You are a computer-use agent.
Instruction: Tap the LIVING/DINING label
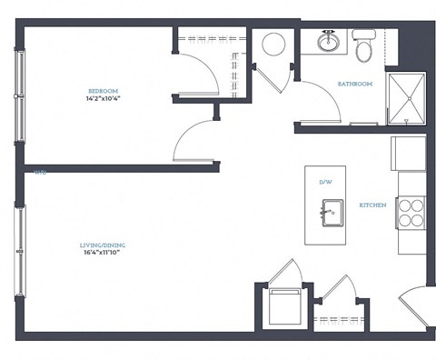pos(101,244)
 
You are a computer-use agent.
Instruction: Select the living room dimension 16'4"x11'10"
pos(101,253)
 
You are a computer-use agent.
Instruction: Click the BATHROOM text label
pos(355,84)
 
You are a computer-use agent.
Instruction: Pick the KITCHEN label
pos(373,205)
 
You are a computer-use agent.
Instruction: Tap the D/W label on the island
pos(325,183)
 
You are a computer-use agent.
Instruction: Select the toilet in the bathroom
pos(364,47)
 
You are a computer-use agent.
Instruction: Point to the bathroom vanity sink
pos(328,42)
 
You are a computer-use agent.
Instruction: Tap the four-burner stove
pos(411,212)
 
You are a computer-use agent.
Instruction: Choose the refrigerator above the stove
pos(408,154)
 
